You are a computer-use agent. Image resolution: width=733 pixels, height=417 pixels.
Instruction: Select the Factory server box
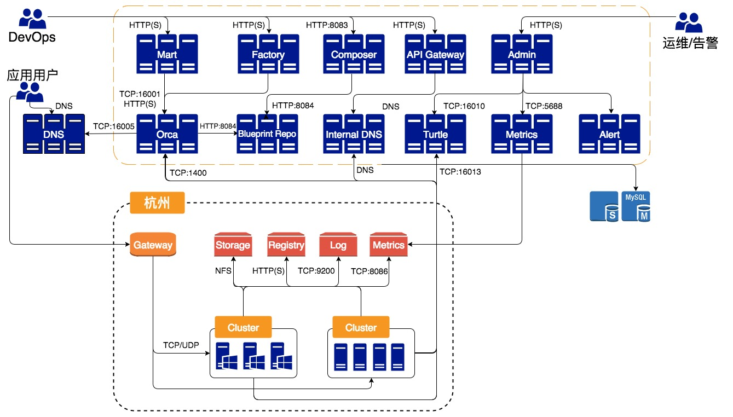coord(268,54)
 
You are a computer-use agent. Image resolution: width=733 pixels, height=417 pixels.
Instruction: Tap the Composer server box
coord(354,54)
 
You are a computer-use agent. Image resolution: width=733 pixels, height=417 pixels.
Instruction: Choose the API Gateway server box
coord(435,54)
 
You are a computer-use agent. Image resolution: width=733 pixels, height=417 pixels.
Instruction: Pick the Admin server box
coord(522,54)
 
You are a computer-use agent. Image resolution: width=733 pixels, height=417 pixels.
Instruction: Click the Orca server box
coord(167,134)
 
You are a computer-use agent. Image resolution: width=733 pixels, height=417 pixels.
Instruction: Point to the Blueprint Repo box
coord(267,134)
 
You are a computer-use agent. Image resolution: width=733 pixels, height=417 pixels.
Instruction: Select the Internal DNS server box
coord(354,134)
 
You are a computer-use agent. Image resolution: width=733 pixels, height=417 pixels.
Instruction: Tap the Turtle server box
coord(435,134)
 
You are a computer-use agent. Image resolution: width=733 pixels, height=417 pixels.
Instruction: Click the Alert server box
coord(609,134)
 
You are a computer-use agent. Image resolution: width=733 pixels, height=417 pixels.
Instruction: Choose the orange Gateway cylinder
coord(153,245)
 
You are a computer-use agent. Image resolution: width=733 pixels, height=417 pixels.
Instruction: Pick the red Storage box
coord(233,245)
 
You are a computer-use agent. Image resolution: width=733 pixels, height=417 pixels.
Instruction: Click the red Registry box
coord(286,245)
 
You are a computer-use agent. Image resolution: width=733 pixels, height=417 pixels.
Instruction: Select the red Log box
coord(338,245)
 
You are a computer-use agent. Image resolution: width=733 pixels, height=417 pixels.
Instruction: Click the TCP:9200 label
coord(315,271)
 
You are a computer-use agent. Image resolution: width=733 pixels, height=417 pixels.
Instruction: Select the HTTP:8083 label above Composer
coord(327,25)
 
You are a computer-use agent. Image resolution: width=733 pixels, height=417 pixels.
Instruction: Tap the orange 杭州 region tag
coord(157,204)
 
